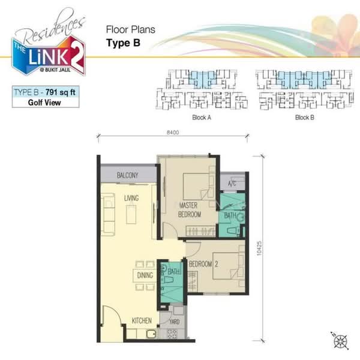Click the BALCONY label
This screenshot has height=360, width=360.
coord(127,175)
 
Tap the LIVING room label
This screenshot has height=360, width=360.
coord(131,198)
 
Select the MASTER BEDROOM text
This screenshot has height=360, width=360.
coord(189,210)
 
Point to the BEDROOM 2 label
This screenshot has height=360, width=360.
coord(203,264)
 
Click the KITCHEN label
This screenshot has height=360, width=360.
coord(142,321)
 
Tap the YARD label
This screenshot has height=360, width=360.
coord(174,322)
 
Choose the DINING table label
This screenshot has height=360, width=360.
coord(145,275)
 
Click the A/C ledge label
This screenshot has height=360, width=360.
coord(232,184)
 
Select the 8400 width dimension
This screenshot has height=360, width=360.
coord(173,133)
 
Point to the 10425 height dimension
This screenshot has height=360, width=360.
coord(259,248)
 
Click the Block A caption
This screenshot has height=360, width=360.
coord(202,118)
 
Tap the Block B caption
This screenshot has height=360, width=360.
coord(304,118)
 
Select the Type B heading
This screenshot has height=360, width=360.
coord(123,43)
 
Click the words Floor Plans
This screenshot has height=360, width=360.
coord(130,29)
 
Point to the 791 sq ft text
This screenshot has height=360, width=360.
coord(61,92)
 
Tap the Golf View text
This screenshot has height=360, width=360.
coord(44,103)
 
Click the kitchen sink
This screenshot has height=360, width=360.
coord(151,334)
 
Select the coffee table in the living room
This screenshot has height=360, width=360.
coord(131,214)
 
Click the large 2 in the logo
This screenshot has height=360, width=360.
coord(76,56)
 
